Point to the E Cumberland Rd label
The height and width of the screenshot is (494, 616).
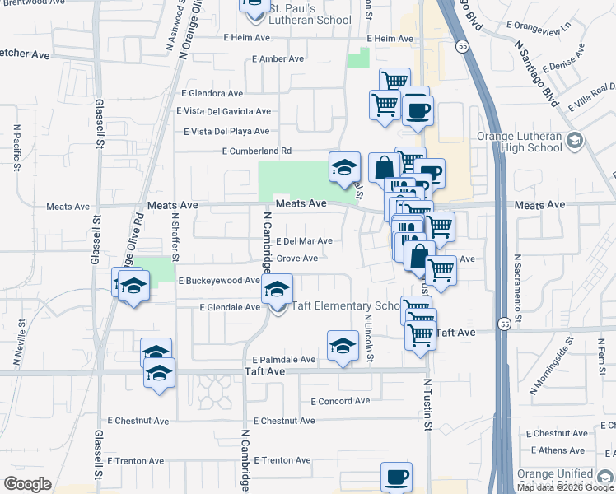click(x=257, y=151)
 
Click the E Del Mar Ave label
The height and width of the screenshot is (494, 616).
click(x=304, y=241)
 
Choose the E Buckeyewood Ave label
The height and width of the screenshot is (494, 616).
click(x=219, y=281)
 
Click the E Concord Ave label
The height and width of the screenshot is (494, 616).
click(x=340, y=401)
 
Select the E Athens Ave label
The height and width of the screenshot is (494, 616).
click(x=558, y=450)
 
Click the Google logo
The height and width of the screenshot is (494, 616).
click(x=27, y=484)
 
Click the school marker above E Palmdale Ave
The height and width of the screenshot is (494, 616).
click(x=343, y=347)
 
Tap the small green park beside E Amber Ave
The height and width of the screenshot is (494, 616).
click(x=358, y=58)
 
